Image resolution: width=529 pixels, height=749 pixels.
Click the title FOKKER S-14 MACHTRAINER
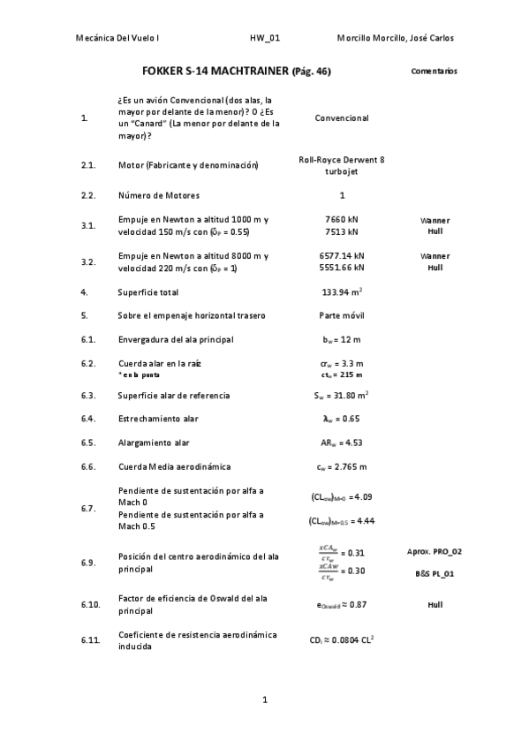coord(215,72)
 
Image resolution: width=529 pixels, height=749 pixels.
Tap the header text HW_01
coord(264,39)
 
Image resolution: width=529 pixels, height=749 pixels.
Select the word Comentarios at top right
coord(434,71)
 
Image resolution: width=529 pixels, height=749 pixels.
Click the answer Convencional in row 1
coord(342,118)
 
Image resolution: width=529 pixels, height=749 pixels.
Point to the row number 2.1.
coord(87,165)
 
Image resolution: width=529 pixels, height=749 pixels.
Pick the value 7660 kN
coord(342,219)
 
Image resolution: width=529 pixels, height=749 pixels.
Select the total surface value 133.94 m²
coord(342,291)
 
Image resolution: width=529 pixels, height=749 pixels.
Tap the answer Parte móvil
coord(342,315)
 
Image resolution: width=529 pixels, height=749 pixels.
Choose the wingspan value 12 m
coord(342,339)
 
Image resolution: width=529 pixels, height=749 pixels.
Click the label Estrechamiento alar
coord(158,419)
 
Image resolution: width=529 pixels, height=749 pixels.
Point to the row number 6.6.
coord(87,466)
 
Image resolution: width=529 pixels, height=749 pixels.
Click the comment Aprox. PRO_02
coord(434,551)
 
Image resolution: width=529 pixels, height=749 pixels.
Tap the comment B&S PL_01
coord(434,574)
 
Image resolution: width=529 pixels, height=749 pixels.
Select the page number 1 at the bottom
coord(264,700)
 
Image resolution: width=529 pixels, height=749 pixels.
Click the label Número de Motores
coord(159,195)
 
